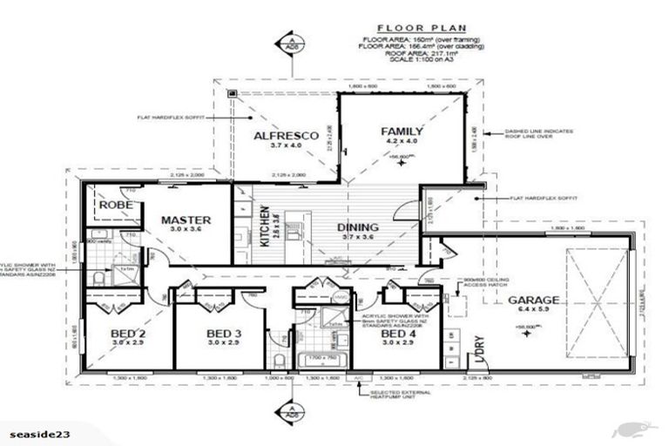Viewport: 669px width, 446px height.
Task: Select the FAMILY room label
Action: (402, 132)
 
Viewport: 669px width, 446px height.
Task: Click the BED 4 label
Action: (399, 334)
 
